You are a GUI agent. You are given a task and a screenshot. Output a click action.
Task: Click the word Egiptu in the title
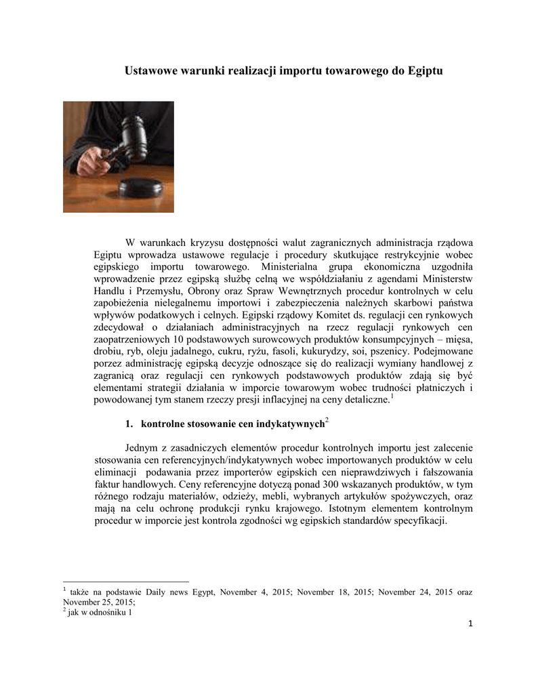426,70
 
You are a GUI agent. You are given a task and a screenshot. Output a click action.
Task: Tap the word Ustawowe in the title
149,70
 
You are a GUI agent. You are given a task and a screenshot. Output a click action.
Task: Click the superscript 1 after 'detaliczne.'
392,397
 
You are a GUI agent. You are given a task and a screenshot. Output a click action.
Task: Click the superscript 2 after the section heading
327,422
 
